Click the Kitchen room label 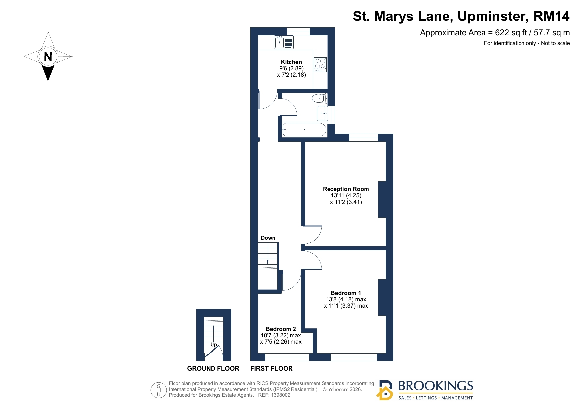pyautogui.click(x=291, y=62)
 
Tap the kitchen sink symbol pyautogui.click(x=284, y=42)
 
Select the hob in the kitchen pyautogui.click(x=320, y=65)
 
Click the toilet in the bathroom pyautogui.click(x=319, y=98)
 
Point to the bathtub pyautogui.click(x=304, y=130)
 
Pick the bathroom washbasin pyautogui.click(x=322, y=113)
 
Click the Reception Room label pyautogui.click(x=346, y=189)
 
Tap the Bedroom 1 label pyautogui.click(x=346, y=293)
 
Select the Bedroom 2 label pyautogui.click(x=281, y=329)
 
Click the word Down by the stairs pyautogui.click(x=268, y=238)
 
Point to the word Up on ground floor pyautogui.click(x=214, y=345)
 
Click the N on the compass pyautogui.click(x=48, y=57)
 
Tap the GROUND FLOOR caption pyautogui.click(x=213, y=369)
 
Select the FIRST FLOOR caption pyautogui.click(x=271, y=369)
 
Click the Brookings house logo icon pyautogui.click(x=385, y=390)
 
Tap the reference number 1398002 pyautogui.click(x=281, y=395)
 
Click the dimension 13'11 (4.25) pyautogui.click(x=346, y=195)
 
